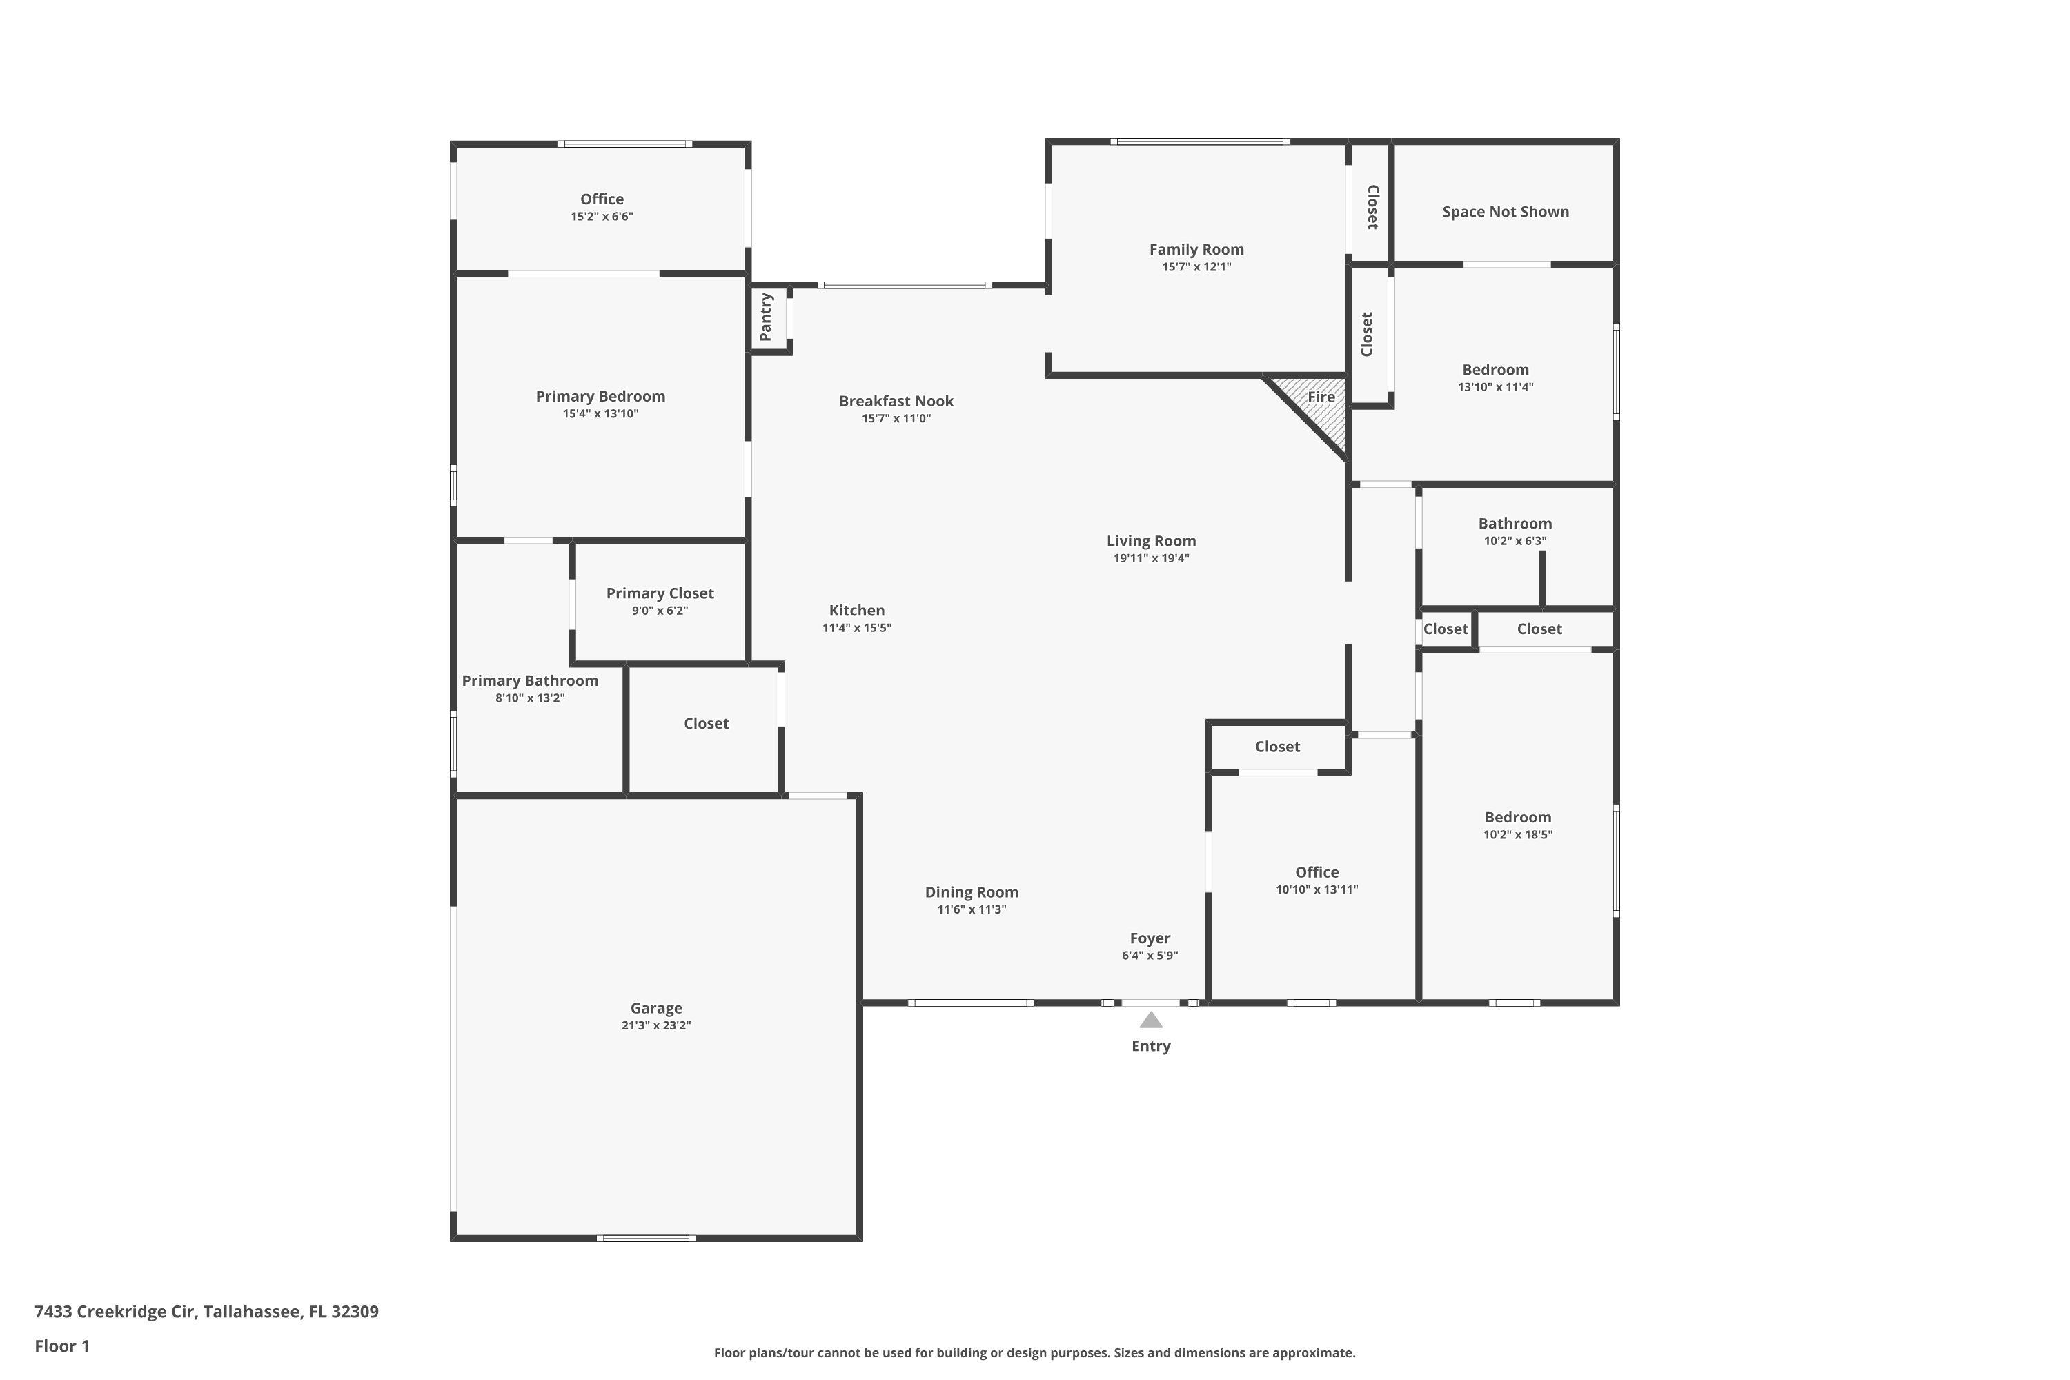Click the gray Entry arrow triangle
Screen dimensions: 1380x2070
click(x=1150, y=1020)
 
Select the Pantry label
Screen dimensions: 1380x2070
click(x=766, y=317)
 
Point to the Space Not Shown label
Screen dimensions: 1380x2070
click(x=1505, y=212)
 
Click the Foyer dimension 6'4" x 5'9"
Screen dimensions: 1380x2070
click(x=1150, y=956)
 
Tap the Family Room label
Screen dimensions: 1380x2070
click(x=1196, y=250)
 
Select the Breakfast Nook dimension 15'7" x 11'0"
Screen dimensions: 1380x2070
click(x=896, y=419)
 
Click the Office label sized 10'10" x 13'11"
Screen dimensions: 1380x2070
click(x=1317, y=872)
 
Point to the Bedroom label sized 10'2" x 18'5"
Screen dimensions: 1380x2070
click(x=1517, y=818)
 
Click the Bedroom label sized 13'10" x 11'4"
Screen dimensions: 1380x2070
click(x=1495, y=371)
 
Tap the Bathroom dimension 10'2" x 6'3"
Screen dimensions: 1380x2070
click(x=1515, y=541)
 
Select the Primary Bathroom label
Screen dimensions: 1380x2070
click(x=530, y=681)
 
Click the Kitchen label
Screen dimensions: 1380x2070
click(x=856, y=611)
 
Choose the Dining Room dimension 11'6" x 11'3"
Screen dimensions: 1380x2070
click(x=972, y=910)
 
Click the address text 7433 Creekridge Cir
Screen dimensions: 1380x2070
click(x=115, y=1312)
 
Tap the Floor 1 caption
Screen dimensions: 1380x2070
click(x=61, y=1345)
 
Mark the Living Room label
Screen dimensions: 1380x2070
click(x=1151, y=541)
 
